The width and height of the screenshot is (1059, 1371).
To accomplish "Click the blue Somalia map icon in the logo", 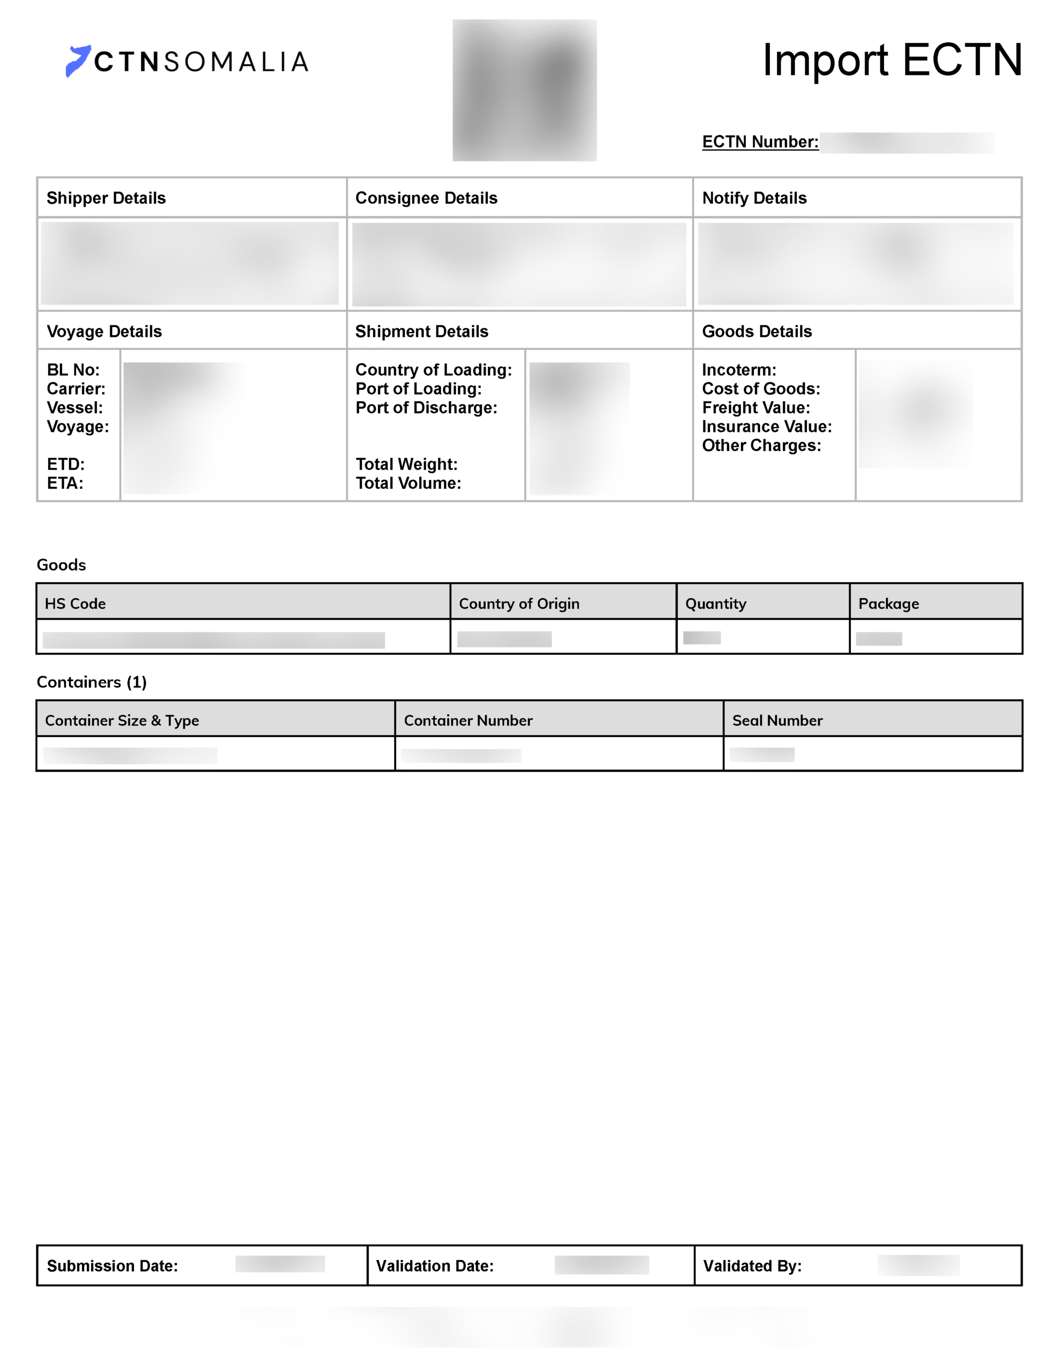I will (x=78, y=61).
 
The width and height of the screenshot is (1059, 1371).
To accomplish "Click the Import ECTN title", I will (x=891, y=61).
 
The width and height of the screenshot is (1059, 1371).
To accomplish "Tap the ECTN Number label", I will (x=760, y=142).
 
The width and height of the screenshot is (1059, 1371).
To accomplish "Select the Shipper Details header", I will (x=106, y=198).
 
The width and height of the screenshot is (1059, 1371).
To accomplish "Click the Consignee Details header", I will (x=426, y=198).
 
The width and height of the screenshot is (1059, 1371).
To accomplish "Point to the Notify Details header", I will (x=754, y=198).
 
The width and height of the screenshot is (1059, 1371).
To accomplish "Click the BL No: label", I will (x=73, y=370).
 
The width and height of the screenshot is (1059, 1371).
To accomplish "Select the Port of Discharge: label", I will (x=426, y=408).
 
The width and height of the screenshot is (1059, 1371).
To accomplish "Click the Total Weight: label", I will (x=406, y=464).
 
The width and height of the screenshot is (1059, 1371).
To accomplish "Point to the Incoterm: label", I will (x=739, y=370).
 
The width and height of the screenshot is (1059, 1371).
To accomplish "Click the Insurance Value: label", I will (x=767, y=426).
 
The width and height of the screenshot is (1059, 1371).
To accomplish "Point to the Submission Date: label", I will (x=112, y=1265).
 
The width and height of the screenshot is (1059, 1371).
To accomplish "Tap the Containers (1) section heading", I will (x=92, y=682).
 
